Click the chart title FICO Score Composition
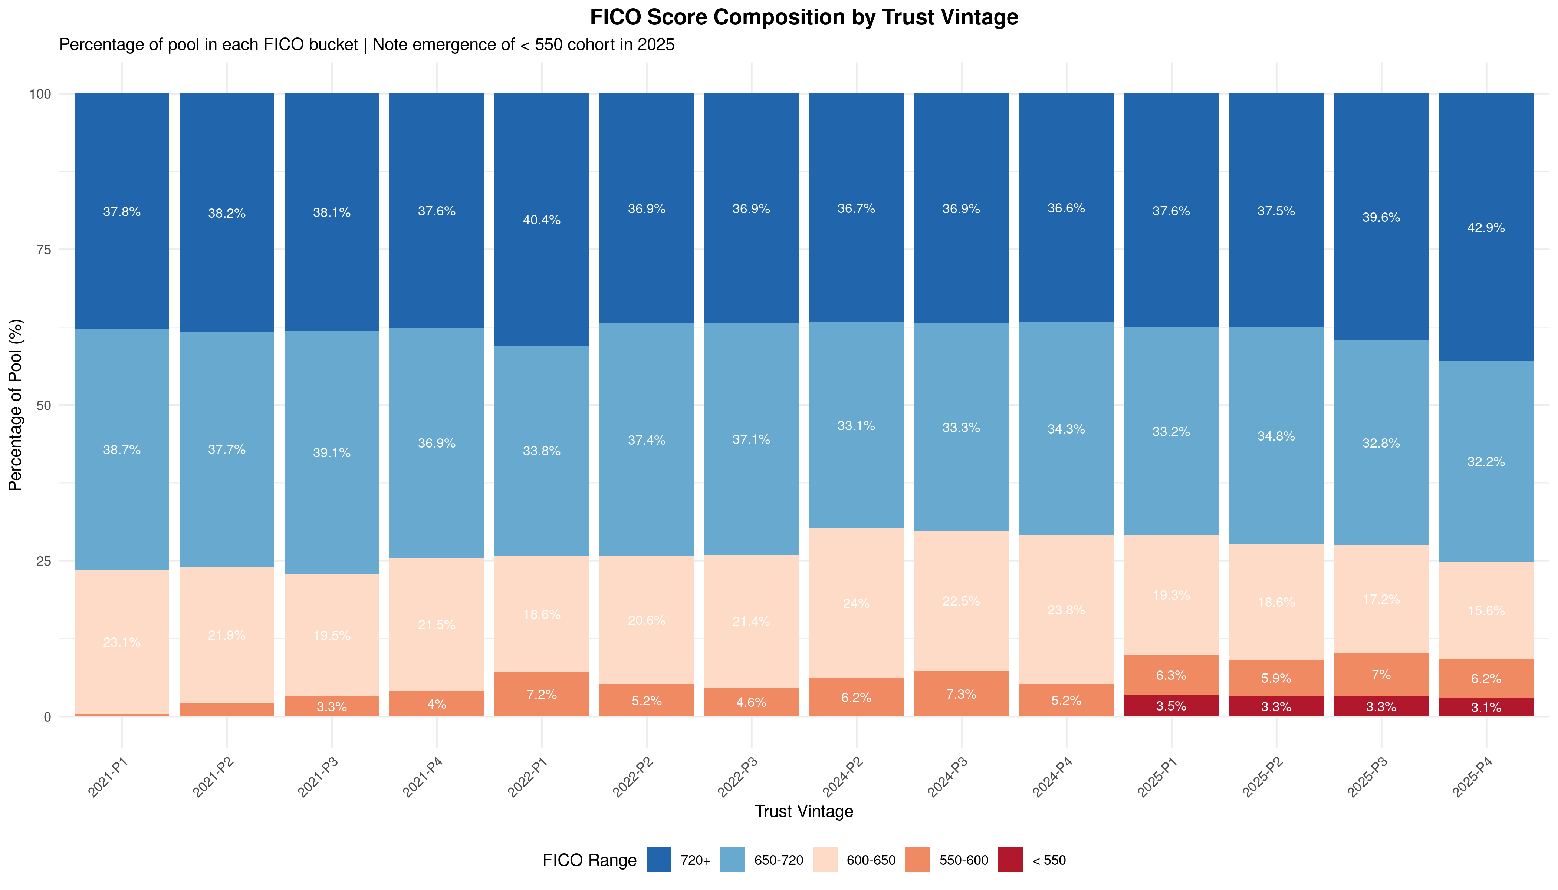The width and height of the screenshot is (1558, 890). click(x=803, y=17)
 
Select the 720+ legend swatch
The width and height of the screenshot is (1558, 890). click(x=658, y=860)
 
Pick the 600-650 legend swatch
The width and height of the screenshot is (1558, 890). click(x=825, y=860)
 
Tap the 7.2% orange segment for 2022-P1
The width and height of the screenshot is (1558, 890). click(x=542, y=695)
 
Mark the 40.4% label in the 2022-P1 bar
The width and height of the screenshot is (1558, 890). click(x=542, y=220)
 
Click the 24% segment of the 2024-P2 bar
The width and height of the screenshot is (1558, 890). click(x=856, y=603)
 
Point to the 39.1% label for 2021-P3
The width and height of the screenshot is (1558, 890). click(x=332, y=453)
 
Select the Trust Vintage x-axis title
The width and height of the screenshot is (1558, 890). click(x=803, y=811)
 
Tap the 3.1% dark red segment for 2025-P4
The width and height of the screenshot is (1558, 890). click(x=1486, y=707)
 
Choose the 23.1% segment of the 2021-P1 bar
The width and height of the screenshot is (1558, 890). click(x=122, y=642)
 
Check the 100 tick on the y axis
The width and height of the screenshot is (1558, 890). click(x=40, y=93)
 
